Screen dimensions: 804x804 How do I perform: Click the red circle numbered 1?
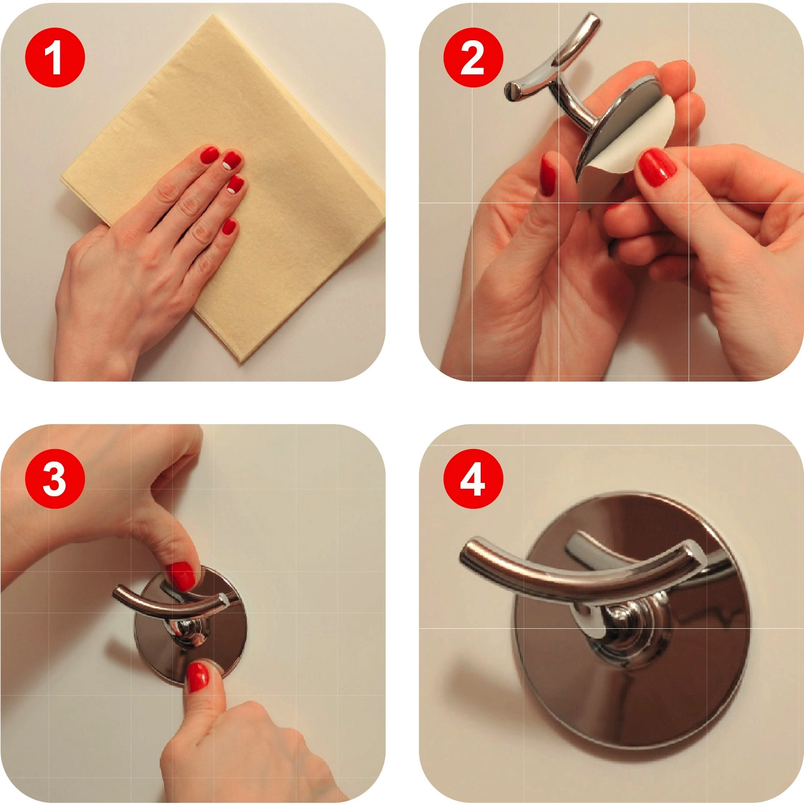pos(55,57)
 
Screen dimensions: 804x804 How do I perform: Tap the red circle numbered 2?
pos(473,57)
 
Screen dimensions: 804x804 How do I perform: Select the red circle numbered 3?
pos(55,479)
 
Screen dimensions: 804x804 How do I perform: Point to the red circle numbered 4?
pos(473,479)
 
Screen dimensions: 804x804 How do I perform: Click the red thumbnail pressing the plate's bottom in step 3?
pos(198,676)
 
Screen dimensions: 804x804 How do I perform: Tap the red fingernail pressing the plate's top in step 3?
pos(182,576)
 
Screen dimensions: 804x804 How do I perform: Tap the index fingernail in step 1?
pos(210,155)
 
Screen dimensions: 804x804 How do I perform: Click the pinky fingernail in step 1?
pos(229,227)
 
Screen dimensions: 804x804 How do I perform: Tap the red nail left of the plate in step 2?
pos(548,175)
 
